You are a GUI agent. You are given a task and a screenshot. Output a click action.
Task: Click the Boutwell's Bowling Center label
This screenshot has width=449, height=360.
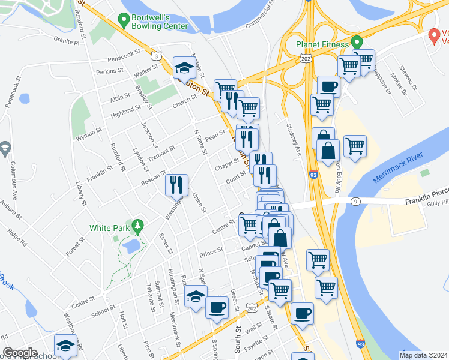point(160,22)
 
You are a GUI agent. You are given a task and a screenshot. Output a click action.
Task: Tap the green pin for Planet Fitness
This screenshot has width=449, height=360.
point(356,43)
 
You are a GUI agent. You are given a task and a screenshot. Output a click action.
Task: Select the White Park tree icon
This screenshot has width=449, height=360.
point(139,227)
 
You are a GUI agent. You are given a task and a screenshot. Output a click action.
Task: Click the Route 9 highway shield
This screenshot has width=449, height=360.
point(356,202)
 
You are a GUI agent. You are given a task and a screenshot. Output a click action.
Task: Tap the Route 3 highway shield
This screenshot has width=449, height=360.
point(156,56)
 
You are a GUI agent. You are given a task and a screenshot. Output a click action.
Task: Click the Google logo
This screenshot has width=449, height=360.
point(20,353)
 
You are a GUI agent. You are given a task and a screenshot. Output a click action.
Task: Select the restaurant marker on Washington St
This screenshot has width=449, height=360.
point(177,184)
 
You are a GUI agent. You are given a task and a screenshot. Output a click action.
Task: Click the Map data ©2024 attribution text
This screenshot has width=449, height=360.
point(423,355)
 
